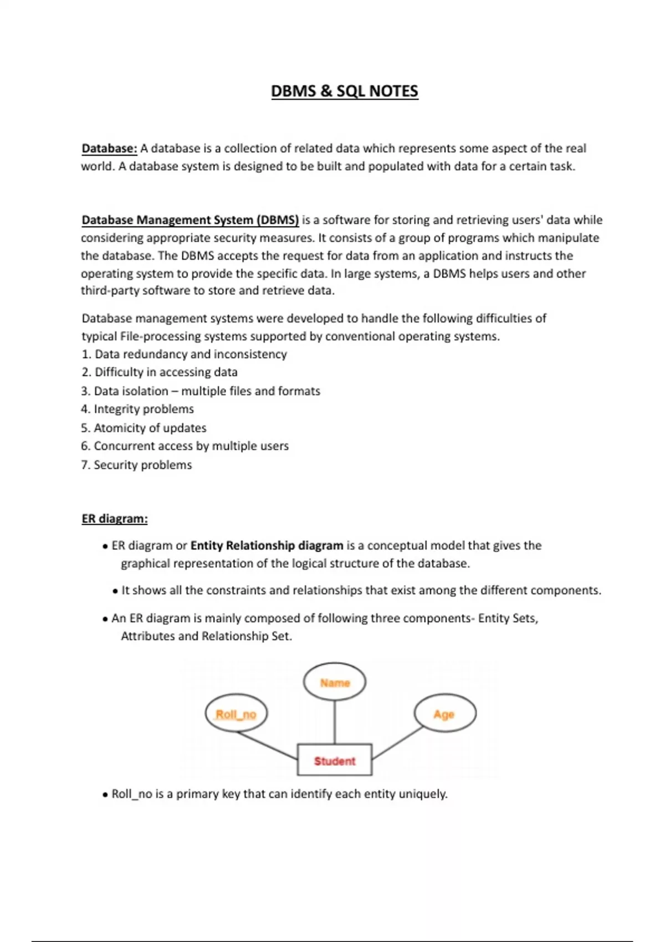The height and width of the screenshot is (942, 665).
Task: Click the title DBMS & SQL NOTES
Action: (x=344, y=91)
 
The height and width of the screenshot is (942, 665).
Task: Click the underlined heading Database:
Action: (x=109, y=149)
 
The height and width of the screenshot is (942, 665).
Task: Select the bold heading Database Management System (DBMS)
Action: (x=190, y=220)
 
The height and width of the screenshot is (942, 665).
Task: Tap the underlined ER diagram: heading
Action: (x=115, y=519)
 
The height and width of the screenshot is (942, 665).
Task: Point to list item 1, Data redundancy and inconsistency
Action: (x=184, y=354)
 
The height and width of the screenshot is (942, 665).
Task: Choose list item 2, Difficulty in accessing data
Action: (x=160, y=372)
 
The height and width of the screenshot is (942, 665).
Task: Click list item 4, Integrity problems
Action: (x=137, y=409)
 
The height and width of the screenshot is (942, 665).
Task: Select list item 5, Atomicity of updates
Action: (x=144, y=428)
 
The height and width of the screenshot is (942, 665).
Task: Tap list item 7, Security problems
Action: (x=136, y=465)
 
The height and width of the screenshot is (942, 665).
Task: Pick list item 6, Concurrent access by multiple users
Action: (x=185, y=446)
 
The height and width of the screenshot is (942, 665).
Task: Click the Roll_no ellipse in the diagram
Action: (x=236, y=714)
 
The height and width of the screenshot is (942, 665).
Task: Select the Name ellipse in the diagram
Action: (x=335, y=683)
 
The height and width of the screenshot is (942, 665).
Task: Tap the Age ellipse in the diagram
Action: (x=444, y=714)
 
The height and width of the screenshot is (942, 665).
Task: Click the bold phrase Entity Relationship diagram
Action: (x=267, y=546)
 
